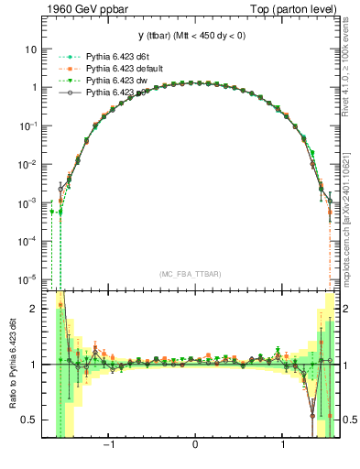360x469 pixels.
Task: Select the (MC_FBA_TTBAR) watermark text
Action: (194, 274)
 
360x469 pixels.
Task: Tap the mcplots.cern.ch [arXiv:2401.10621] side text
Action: (352, 220)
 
